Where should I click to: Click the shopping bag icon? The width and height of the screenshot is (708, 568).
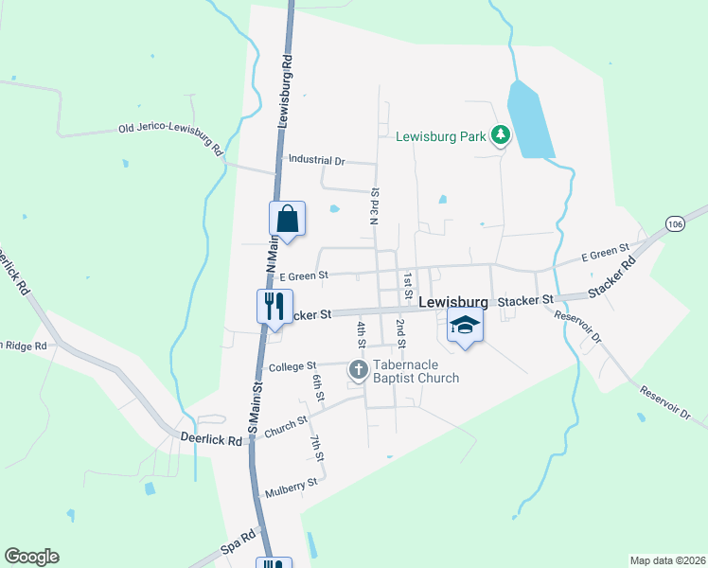click(x=288, y=219)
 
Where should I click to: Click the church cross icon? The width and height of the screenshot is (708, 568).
click(x=358, y=368)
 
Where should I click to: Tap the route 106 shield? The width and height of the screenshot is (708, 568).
click(x=674, y=223)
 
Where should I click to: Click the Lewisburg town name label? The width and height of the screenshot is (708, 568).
click(x=453, y=302)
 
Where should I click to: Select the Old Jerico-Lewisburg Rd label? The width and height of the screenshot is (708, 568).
click(x=170, y=137)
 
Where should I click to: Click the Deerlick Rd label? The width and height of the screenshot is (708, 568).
click(x=206, y=437)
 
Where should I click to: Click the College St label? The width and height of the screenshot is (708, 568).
click(x=291, y=365)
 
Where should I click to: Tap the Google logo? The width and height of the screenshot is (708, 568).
click(x=31, y=557)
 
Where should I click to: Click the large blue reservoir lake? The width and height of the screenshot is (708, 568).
click(x=529, y=121)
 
